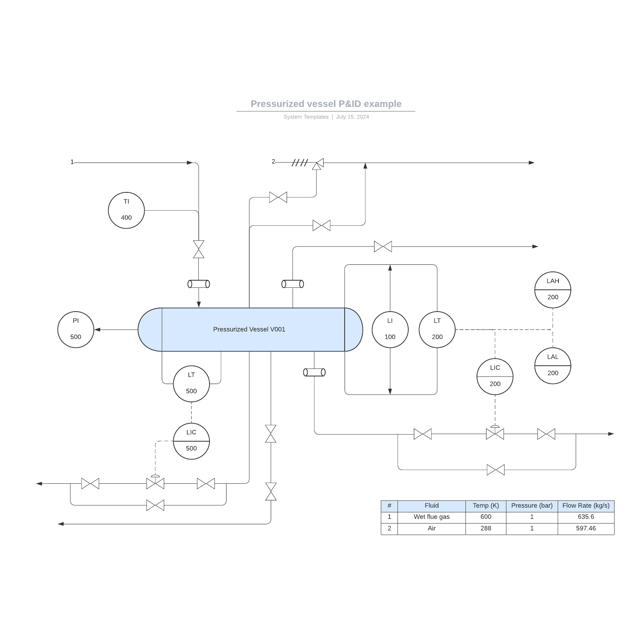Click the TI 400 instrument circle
[126, 210]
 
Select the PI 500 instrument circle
[76, 330]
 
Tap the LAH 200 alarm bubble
[553, 290]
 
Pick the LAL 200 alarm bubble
[553, 365]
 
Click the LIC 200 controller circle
[495, 376]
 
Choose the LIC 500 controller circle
[191, 441]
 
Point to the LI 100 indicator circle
[390, 330]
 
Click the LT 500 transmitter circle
[191, 384]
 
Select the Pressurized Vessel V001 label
[249, 329]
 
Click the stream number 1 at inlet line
[72, 162]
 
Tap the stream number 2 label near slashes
[273, 161]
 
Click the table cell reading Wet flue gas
[431, 517]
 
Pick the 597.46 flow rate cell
[586, 528]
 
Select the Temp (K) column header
[485, 506]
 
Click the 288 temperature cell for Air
[485, 528]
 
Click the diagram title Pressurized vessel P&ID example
[326, 104]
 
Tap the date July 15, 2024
[352, 117]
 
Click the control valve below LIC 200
[495, 433]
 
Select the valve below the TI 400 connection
[198, 249]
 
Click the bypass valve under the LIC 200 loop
[495, 470]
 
